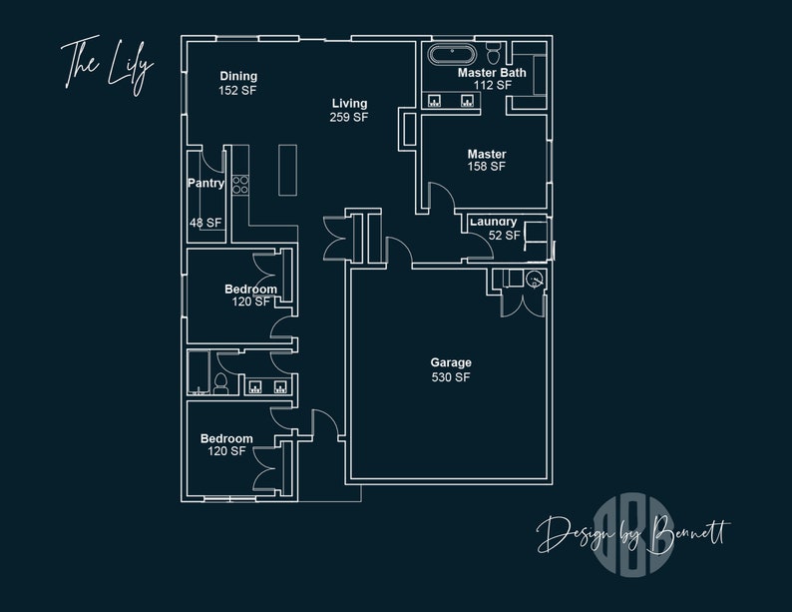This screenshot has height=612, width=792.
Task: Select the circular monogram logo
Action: coord(634,545)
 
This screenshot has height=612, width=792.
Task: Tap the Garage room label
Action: coord(451,362)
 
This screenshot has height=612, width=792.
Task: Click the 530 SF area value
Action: coord(451,377)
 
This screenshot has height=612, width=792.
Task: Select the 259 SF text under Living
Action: coord(349,118)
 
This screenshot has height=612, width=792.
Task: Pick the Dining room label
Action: coord(238,76)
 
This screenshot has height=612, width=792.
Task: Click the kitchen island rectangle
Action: coord(288,171)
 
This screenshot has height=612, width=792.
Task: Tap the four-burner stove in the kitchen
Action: coord(239,185)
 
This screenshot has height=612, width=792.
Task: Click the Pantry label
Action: coord(205,184)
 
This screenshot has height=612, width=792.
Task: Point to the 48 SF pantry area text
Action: coord(205,223)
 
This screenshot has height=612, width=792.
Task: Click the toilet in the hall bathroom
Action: coord(221,382)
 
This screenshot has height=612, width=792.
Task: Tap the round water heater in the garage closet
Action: coord(535,280)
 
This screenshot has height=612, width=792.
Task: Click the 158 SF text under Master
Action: coord(487,168)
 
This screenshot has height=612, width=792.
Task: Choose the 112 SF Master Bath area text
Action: coord(492,86)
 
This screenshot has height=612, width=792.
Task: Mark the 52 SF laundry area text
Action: coord(504,236)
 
